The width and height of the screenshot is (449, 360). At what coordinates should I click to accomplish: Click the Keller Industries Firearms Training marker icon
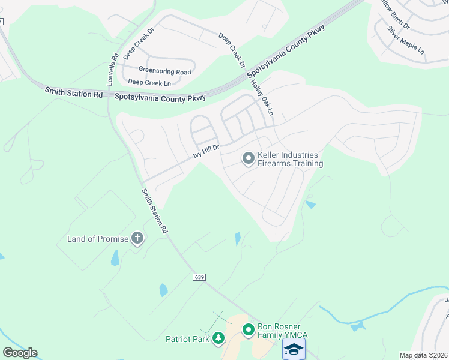[248, 158]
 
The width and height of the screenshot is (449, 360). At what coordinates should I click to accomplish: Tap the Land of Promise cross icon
[137, 239]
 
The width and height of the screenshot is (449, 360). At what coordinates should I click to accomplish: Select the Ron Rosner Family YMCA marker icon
[248, 329]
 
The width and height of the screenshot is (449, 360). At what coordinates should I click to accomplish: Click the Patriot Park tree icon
[218, 339]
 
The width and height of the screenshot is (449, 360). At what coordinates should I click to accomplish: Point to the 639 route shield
[200, 277]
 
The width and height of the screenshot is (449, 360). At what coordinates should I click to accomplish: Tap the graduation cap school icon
[294, 349]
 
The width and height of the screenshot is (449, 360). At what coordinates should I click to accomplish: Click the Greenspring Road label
[164, 71]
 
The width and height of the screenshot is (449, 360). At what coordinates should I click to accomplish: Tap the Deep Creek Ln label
[149, 82]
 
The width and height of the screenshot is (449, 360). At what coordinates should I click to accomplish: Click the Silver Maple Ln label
[406, 41]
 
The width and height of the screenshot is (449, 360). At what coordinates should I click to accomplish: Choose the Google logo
[20, 353]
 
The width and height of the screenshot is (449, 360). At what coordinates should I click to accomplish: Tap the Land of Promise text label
[98, 239]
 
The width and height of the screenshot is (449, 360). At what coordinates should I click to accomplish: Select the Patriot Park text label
[187, 339]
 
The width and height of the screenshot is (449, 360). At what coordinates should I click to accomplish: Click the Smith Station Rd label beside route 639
[155, 211]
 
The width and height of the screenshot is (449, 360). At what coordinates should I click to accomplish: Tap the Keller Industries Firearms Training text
[291, 159]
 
